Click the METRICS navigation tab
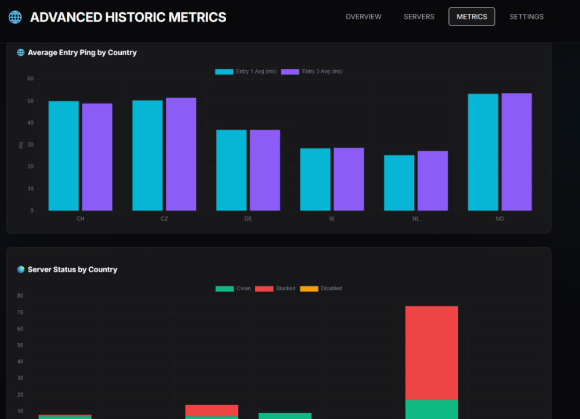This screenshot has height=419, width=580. point(472,17)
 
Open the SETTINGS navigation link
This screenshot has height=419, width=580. point(526,17)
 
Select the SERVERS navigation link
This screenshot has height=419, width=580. point(419,17)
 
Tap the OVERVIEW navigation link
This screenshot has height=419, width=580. point(363,17)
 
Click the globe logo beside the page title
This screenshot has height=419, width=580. point(15,17)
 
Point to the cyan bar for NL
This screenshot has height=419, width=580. point(399,182)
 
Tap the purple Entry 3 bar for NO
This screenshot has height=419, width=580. point(516,151)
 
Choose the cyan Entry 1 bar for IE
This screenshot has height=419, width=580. point(315,179)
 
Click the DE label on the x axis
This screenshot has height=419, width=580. point(248,219)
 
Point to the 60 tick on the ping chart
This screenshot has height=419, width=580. point(30,79)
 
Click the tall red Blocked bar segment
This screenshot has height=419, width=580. point(432,352)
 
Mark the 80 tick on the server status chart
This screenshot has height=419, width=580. point(20,296)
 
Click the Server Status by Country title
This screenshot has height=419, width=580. point(72,269)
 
